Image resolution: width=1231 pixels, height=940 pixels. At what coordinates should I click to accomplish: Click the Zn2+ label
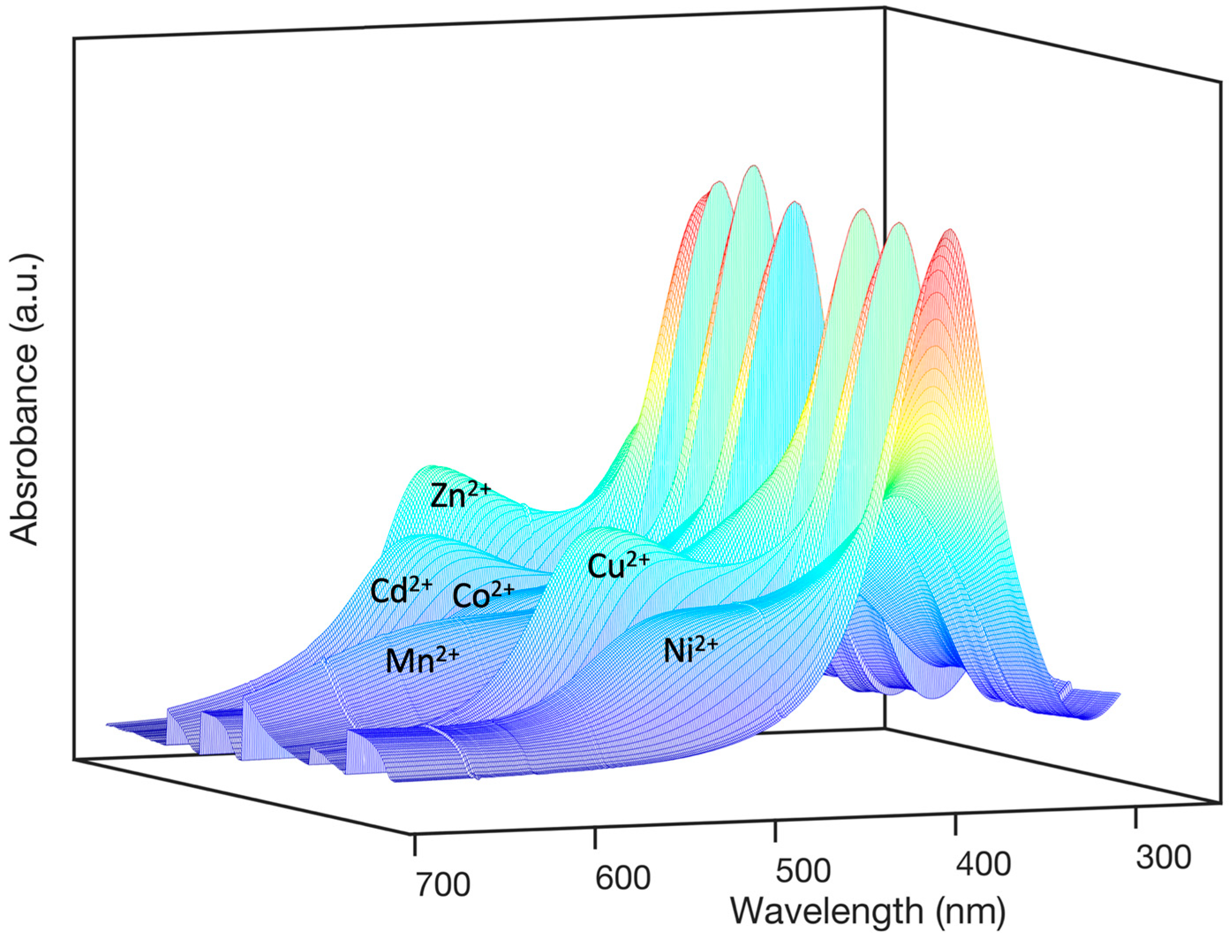tap(460, 495)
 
